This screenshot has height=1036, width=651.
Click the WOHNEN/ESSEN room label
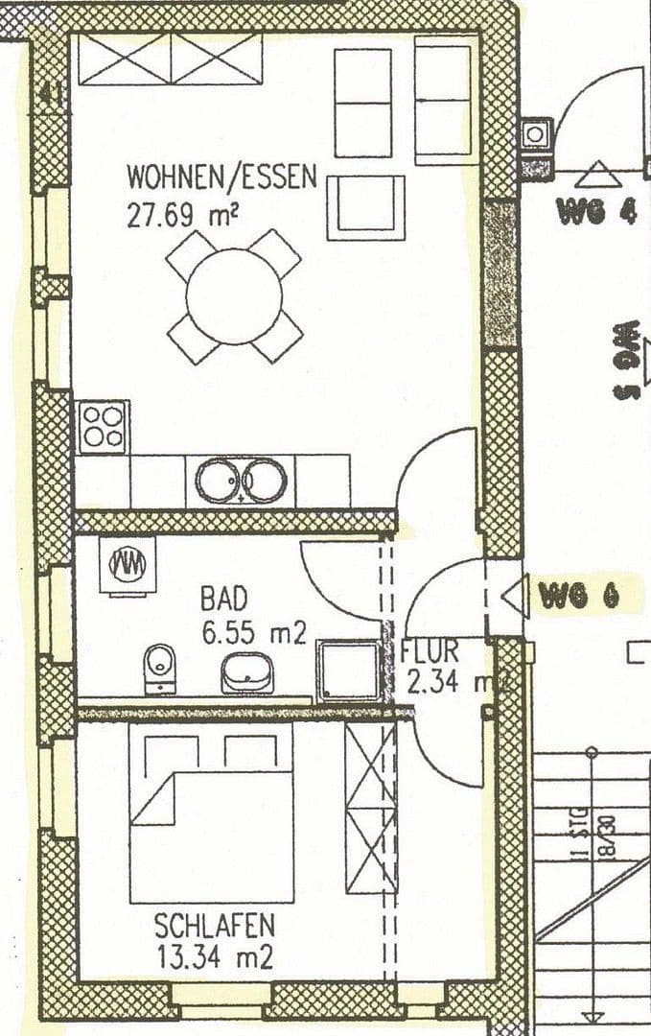point(221,177)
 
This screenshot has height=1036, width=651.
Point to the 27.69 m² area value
point(182,214)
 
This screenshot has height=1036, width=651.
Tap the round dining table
point(234,295)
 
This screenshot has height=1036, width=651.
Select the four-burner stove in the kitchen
point(103,427)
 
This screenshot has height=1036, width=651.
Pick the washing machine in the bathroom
point(128,565)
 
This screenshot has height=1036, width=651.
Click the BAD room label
point(223,599)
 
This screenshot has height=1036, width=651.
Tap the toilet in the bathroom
point(159,668)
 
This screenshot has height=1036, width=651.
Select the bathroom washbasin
point(247,672)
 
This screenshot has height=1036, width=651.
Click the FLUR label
point(430,651)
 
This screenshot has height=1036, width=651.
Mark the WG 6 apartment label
point(578,596)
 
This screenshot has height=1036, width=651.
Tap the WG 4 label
point(596,212)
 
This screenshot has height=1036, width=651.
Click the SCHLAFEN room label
point(215,926)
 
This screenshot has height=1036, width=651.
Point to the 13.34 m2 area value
point(214,956)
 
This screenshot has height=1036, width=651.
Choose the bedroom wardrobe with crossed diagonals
point(371,808)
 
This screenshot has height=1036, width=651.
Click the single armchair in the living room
point(364,207)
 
